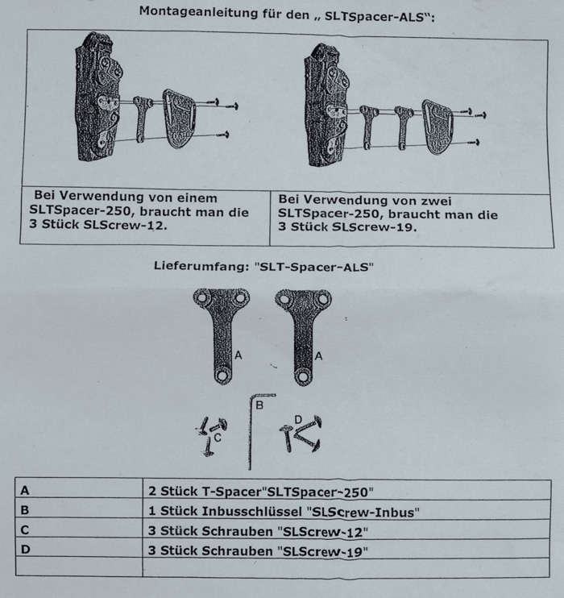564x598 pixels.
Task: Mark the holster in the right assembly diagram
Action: [x=327, y=105]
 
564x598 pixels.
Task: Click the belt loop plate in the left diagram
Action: [x=178, y=122]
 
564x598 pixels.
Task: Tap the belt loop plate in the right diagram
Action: [x=438, y=128]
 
